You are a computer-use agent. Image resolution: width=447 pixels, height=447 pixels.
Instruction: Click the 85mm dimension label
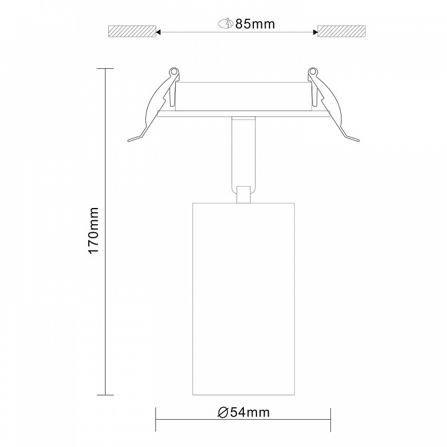click(x=255, y=24)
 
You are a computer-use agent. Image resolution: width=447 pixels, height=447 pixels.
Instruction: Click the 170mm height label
click(x=94, y=230)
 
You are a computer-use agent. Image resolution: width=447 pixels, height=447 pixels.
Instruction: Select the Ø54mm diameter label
click(x=243, y=412)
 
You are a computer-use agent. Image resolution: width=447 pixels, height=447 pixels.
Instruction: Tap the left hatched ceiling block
click(x=132, y=32)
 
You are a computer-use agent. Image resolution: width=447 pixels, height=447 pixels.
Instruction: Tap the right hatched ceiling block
click(x=341, y=32)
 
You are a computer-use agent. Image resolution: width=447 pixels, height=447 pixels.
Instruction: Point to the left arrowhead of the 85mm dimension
click(x=158, y=32)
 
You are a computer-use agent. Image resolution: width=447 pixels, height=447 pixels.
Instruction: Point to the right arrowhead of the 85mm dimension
click(x=315, y=32)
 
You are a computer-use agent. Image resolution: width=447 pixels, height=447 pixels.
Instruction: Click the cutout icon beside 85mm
click(x=226, y=24)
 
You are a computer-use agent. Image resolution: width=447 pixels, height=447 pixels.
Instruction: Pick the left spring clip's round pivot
click(x=173, y=71)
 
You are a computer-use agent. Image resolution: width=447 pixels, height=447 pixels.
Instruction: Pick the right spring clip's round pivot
click(x=313, y=71)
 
